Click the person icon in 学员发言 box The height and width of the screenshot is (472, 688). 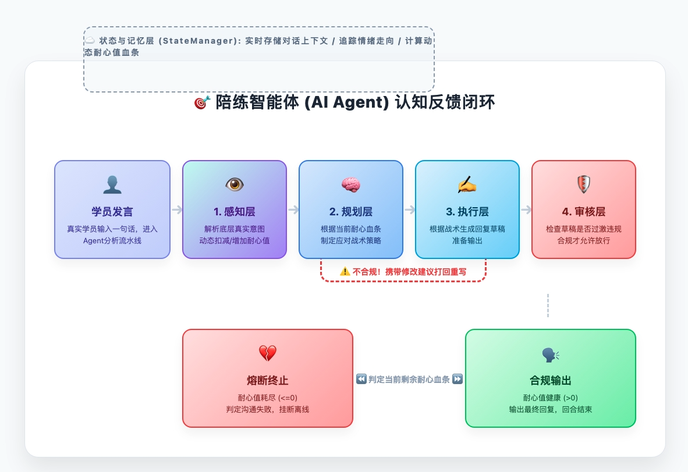112,185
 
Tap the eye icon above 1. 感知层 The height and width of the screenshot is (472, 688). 235,185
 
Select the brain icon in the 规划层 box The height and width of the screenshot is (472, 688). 351,185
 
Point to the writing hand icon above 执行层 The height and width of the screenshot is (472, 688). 467,185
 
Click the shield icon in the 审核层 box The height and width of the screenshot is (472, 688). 583,185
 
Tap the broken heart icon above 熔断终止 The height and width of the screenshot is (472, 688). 267,353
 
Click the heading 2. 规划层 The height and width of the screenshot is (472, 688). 351,211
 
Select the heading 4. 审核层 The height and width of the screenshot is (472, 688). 584,211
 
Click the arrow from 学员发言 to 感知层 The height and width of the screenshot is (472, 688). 177,210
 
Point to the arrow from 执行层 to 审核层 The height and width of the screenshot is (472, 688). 526,210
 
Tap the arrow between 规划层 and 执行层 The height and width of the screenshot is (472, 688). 410,210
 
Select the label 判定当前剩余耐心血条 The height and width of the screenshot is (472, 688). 409,379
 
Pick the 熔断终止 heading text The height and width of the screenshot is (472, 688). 268,381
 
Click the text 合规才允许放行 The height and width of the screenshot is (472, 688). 584,240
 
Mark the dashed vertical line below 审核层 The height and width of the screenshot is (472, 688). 548,306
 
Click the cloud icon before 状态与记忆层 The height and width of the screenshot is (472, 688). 90,41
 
